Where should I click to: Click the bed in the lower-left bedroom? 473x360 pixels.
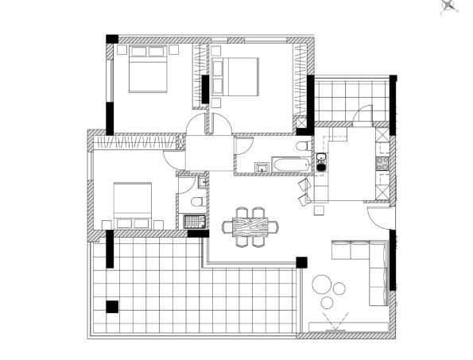click(132, 204)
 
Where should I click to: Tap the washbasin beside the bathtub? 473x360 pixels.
click(262, 166)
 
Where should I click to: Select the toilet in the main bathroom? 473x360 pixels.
click(302, 149)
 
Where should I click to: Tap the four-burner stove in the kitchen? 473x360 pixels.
click(382, 165)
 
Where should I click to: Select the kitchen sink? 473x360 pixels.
click(321, 162)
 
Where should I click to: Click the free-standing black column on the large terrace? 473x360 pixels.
click(112, 305)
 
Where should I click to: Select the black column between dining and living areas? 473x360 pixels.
click(301, 261)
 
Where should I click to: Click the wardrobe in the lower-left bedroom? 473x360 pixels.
click(134, 142)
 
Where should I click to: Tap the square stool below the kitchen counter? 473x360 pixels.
click(320, 210)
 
